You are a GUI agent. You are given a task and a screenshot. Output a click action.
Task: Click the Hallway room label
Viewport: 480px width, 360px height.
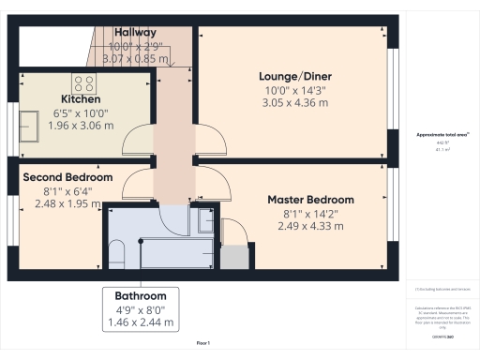(135, 32)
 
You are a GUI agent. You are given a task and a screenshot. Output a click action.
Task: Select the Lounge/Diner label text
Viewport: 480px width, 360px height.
(295, 76)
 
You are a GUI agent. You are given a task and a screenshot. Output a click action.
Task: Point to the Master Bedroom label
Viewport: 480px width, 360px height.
(310, 200)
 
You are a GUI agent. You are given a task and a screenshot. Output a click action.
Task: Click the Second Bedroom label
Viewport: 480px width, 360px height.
(67, 177)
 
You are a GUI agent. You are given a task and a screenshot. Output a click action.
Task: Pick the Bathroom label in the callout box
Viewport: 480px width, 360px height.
(141, 295)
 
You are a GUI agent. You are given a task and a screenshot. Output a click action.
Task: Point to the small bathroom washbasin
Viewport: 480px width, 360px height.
(205, 221)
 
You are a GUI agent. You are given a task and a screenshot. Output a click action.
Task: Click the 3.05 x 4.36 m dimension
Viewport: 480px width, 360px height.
(295, 102)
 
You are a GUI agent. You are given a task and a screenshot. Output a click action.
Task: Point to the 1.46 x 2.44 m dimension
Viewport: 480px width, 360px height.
(141, 322)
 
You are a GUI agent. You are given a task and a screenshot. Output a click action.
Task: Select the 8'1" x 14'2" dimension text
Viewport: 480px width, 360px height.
(310, 213)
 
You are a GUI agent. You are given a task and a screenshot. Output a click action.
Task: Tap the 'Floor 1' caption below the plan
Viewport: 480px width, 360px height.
(202, 344)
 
